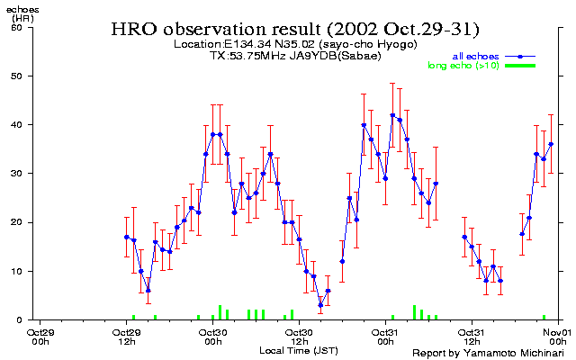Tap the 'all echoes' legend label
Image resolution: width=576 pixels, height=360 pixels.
478,56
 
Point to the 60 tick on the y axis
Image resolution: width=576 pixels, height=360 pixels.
17,27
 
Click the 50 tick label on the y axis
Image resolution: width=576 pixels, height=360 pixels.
17,76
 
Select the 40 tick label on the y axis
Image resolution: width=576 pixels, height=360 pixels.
17,124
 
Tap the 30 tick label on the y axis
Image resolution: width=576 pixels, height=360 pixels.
17,173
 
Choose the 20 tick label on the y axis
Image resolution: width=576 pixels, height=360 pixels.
17,222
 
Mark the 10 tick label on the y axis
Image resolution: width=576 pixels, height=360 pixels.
17,271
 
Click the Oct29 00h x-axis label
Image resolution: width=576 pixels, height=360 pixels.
40,336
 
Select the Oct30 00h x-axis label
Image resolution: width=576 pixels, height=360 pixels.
213,336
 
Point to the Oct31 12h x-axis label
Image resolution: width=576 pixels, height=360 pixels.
472,336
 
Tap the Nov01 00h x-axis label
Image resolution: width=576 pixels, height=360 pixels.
559,336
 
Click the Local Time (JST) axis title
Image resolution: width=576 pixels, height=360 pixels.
299,348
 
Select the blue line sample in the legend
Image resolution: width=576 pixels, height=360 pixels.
520,56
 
